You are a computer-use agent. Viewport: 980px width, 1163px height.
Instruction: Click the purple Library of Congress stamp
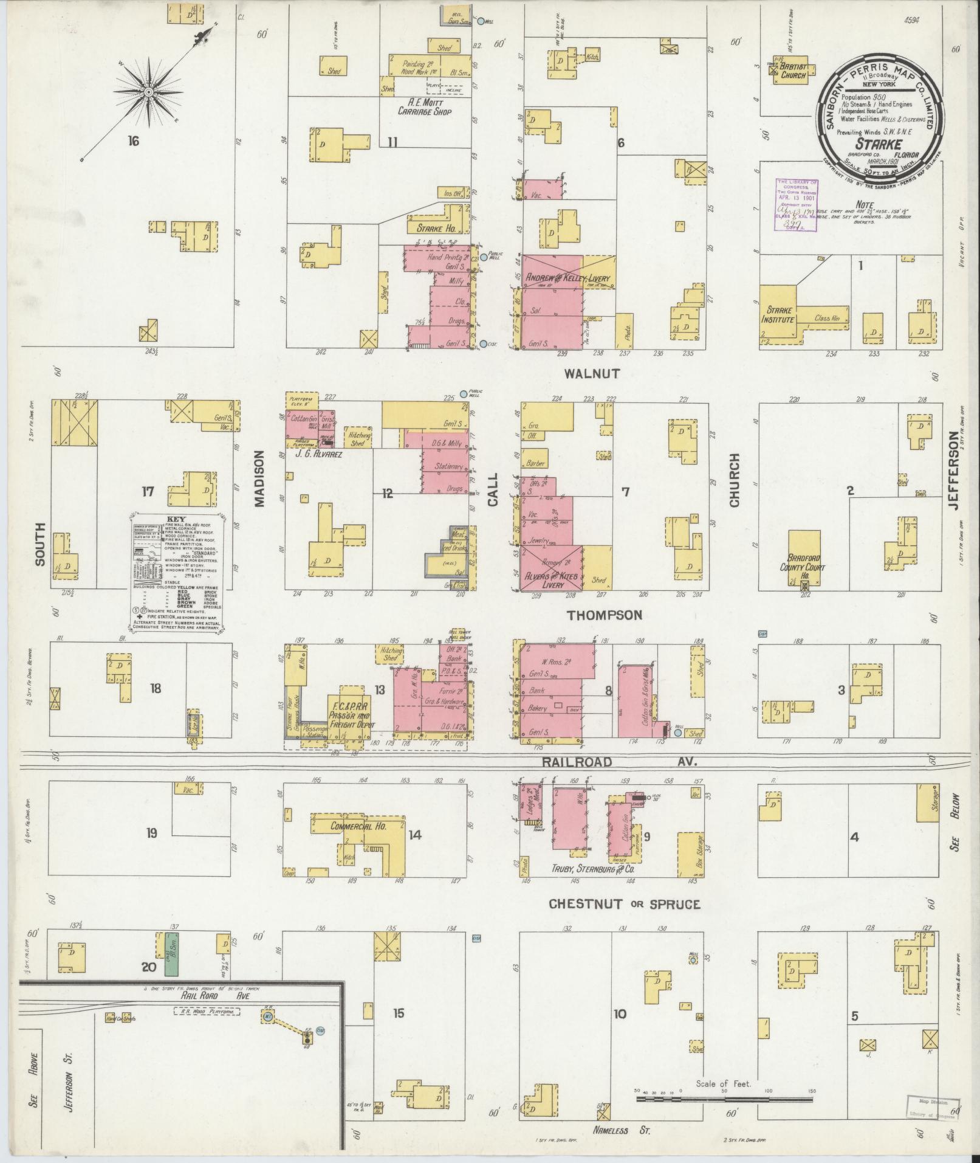click(795, 205)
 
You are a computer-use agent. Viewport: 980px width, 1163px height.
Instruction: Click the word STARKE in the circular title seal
click(879, 144)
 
